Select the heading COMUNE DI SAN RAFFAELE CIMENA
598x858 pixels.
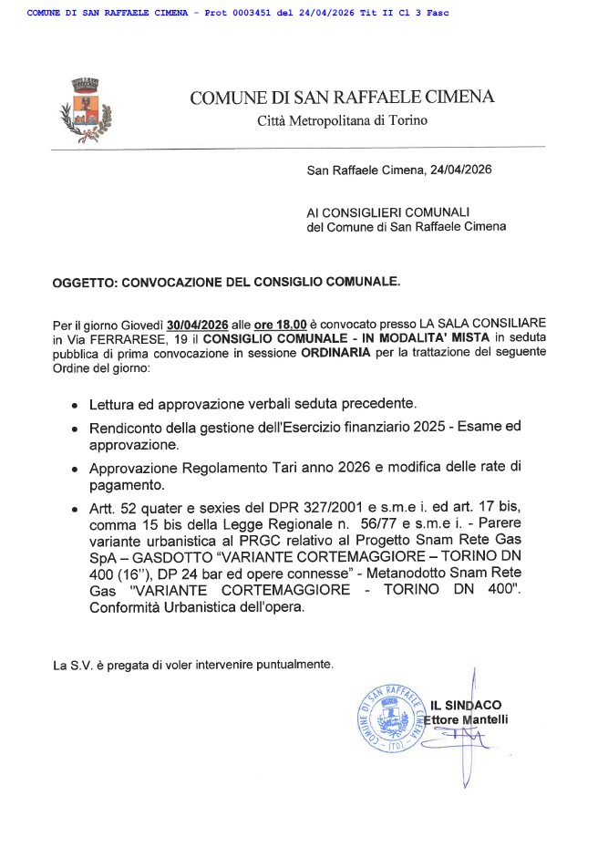[x=342, y=98]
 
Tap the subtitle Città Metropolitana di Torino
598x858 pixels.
[x=341, y=120]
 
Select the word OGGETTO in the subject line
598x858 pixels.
[x=83, y=283]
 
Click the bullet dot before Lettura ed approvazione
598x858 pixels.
[x=74, y=404]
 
